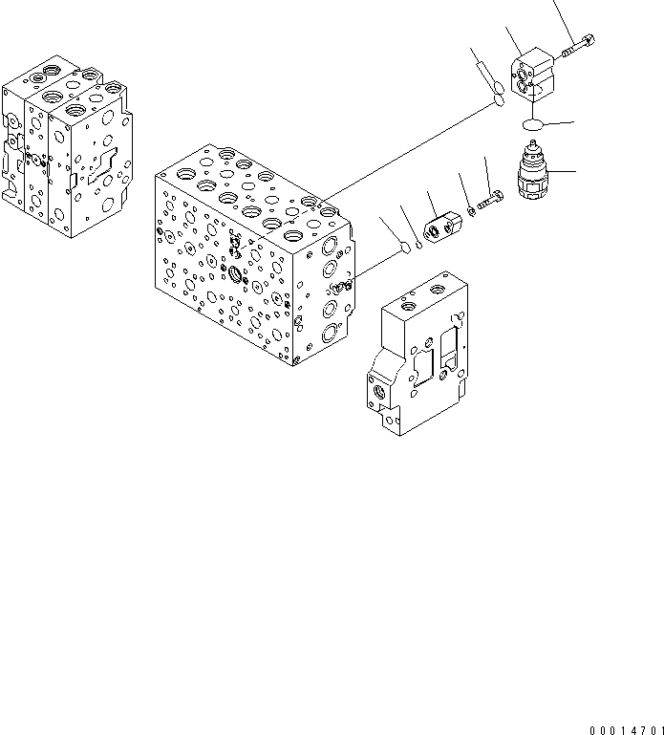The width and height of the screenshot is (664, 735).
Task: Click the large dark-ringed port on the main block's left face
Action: (237, 275)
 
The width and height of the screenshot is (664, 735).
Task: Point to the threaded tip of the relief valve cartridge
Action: (530, 151)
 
